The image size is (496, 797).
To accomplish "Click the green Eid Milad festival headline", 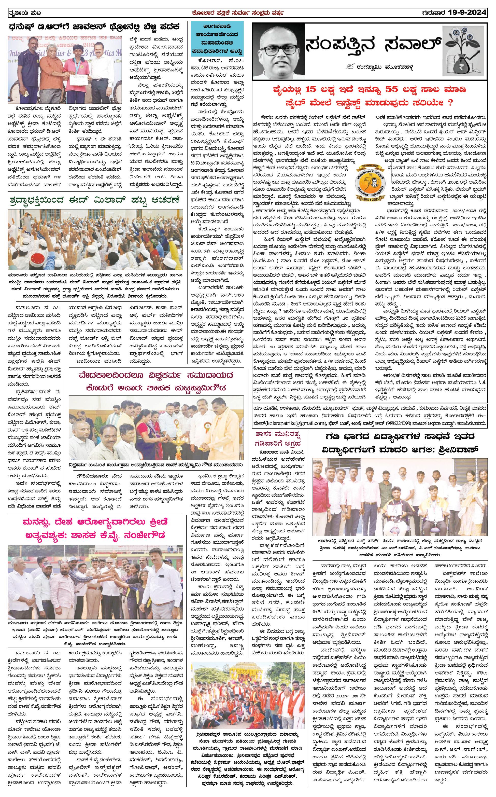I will tap(94, 200).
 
